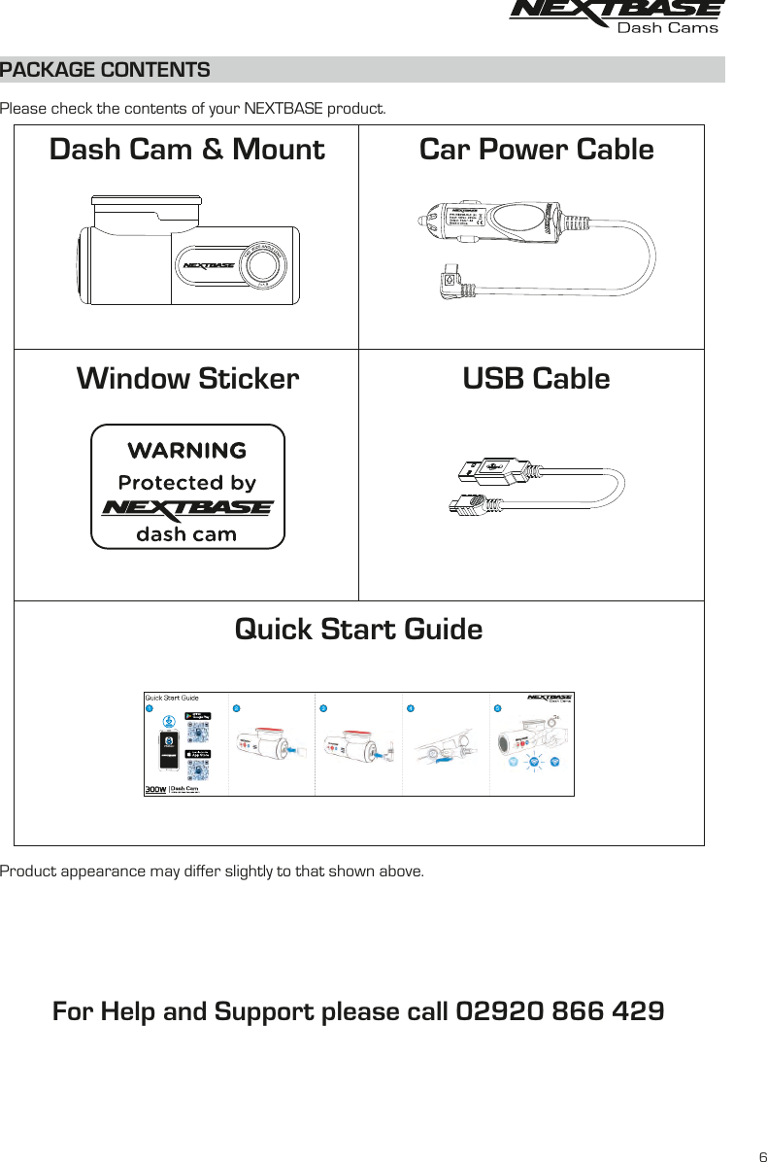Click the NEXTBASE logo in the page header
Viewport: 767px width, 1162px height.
click(x=617, y=17)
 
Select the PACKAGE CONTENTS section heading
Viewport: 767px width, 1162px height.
click(x=105, y=71)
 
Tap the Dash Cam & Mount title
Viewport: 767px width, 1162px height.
click(x=186, y=150)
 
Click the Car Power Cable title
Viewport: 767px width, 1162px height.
click(x=536, y=150)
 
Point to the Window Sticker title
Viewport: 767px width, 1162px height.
click(x=187, y=378)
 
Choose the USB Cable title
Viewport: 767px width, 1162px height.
click(x=536, y=378)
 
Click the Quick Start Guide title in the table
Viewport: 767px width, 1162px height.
click(x=358, y=630)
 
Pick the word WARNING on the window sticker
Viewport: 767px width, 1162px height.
click(x=187, y=451)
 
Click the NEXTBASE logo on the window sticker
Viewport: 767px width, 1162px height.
click(x=187, y=508)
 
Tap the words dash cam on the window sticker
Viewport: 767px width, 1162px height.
click(x=187, y=533)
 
